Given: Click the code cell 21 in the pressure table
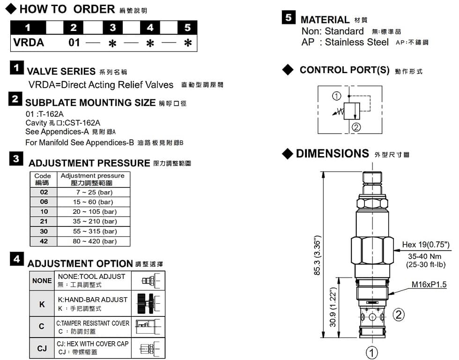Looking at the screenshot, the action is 44,221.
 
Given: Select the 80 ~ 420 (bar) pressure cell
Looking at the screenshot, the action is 94,241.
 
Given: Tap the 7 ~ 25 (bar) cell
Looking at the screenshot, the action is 94,193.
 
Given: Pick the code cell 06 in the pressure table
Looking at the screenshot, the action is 44,202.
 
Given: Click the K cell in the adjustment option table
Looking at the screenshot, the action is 42,304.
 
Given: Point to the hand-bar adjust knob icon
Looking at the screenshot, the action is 148,303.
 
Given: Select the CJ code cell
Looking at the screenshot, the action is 42,348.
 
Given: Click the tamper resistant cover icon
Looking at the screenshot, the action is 148,327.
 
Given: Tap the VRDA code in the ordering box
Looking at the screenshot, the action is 29,43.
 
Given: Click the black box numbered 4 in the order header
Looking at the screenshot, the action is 150,28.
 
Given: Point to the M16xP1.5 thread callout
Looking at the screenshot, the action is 429,285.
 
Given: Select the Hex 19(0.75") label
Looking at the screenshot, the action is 426,245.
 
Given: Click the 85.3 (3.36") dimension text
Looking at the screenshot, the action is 318,255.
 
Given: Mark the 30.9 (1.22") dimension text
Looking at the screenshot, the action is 333,307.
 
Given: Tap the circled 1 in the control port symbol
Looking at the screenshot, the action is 336,96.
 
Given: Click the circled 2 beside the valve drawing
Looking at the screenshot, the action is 399,315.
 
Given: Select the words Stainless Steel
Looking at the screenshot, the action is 356,42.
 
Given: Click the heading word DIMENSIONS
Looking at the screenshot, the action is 332,153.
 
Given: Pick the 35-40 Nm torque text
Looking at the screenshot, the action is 424,256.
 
